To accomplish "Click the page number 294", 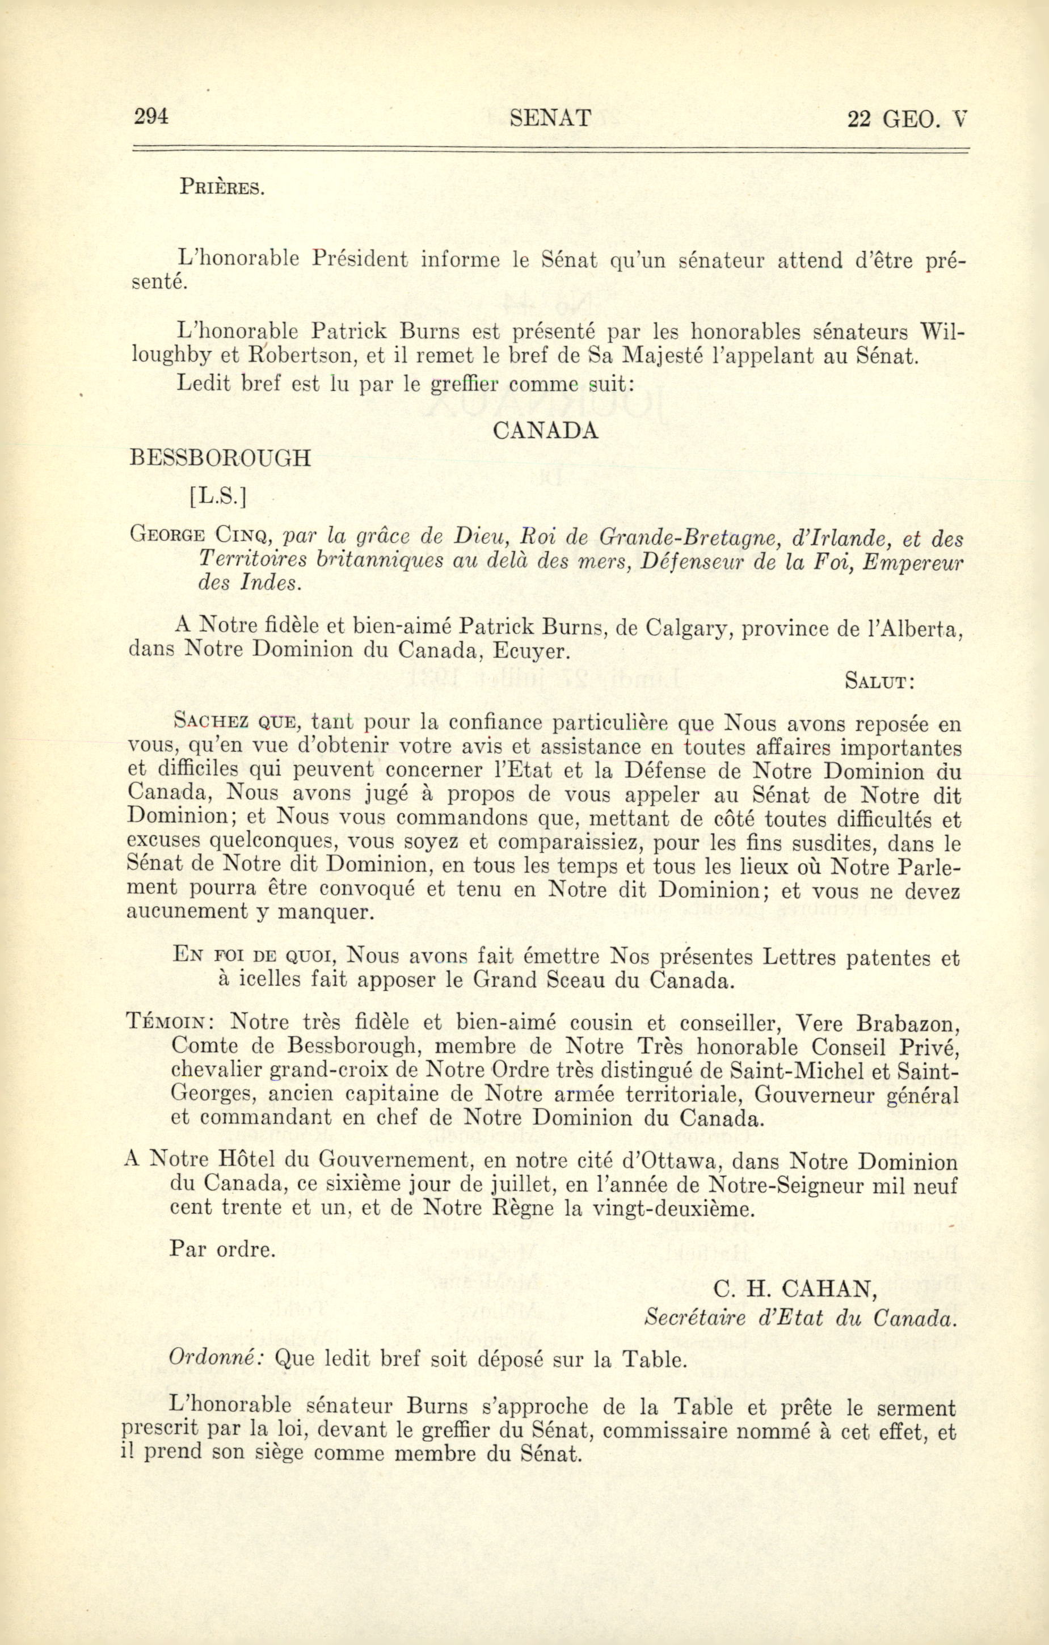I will [x=151, y=117].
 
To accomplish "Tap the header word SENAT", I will [x=550, y=119].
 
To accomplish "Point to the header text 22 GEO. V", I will [x=907, y=120].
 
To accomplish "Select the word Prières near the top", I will [x=221, y=187].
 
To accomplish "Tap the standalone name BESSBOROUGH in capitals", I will [x=220, y=458].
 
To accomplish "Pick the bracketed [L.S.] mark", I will [x=218, y=497].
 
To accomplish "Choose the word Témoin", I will [x=171, y=1023].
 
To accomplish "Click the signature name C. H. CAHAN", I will [x=795, y=1289].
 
